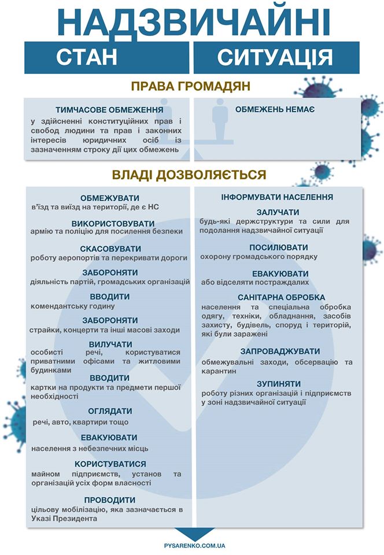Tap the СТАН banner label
(x=87, y=58)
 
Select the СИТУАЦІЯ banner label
(x=275, y=58)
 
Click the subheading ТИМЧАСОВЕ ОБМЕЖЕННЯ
(x=109, y=110)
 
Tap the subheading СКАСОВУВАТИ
(x=109, y=248)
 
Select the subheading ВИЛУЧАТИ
(x=109, y=344)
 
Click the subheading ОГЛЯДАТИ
(x=109, y=411)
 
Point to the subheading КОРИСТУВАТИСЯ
(x=109, y=464)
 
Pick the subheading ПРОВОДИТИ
(x=109, y=499)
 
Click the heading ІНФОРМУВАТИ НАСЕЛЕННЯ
(x=277, y=197)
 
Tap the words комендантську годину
(x=72, y=306)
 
